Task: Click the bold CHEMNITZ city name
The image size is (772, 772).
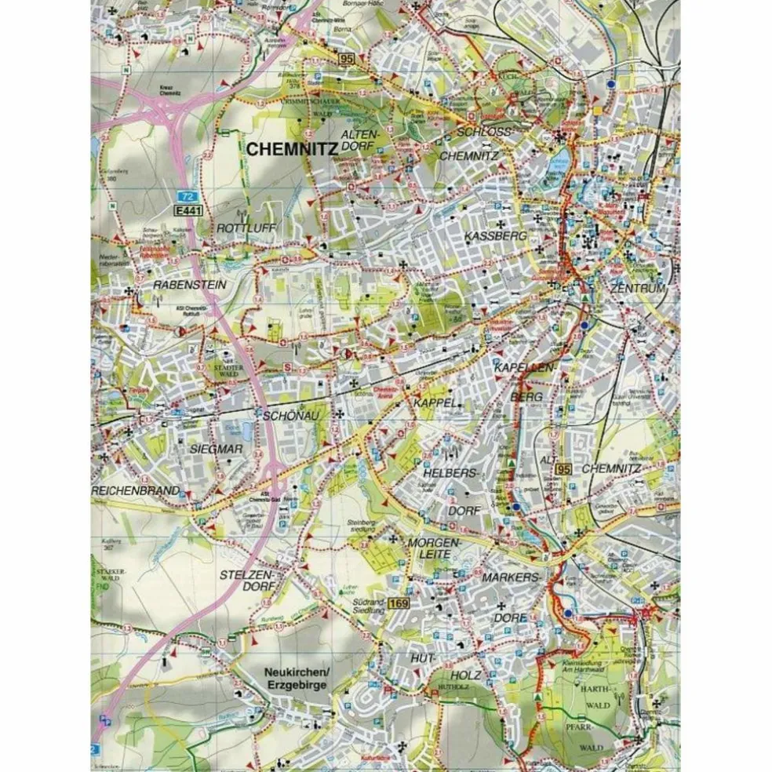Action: point(291,148)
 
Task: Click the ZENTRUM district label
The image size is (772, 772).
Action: point(637,289)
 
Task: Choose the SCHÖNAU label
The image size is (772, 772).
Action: point(290,417)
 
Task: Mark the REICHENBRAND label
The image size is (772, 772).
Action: point(135,490)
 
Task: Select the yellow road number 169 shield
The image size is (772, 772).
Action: point(399,603)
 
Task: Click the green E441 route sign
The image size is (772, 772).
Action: point(187,211)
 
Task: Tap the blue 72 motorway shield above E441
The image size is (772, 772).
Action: point(184,196)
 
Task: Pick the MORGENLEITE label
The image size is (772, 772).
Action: point(431,549)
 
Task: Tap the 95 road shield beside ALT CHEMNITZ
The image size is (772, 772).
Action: point(562,469)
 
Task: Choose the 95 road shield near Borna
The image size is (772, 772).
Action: point(347,58)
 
